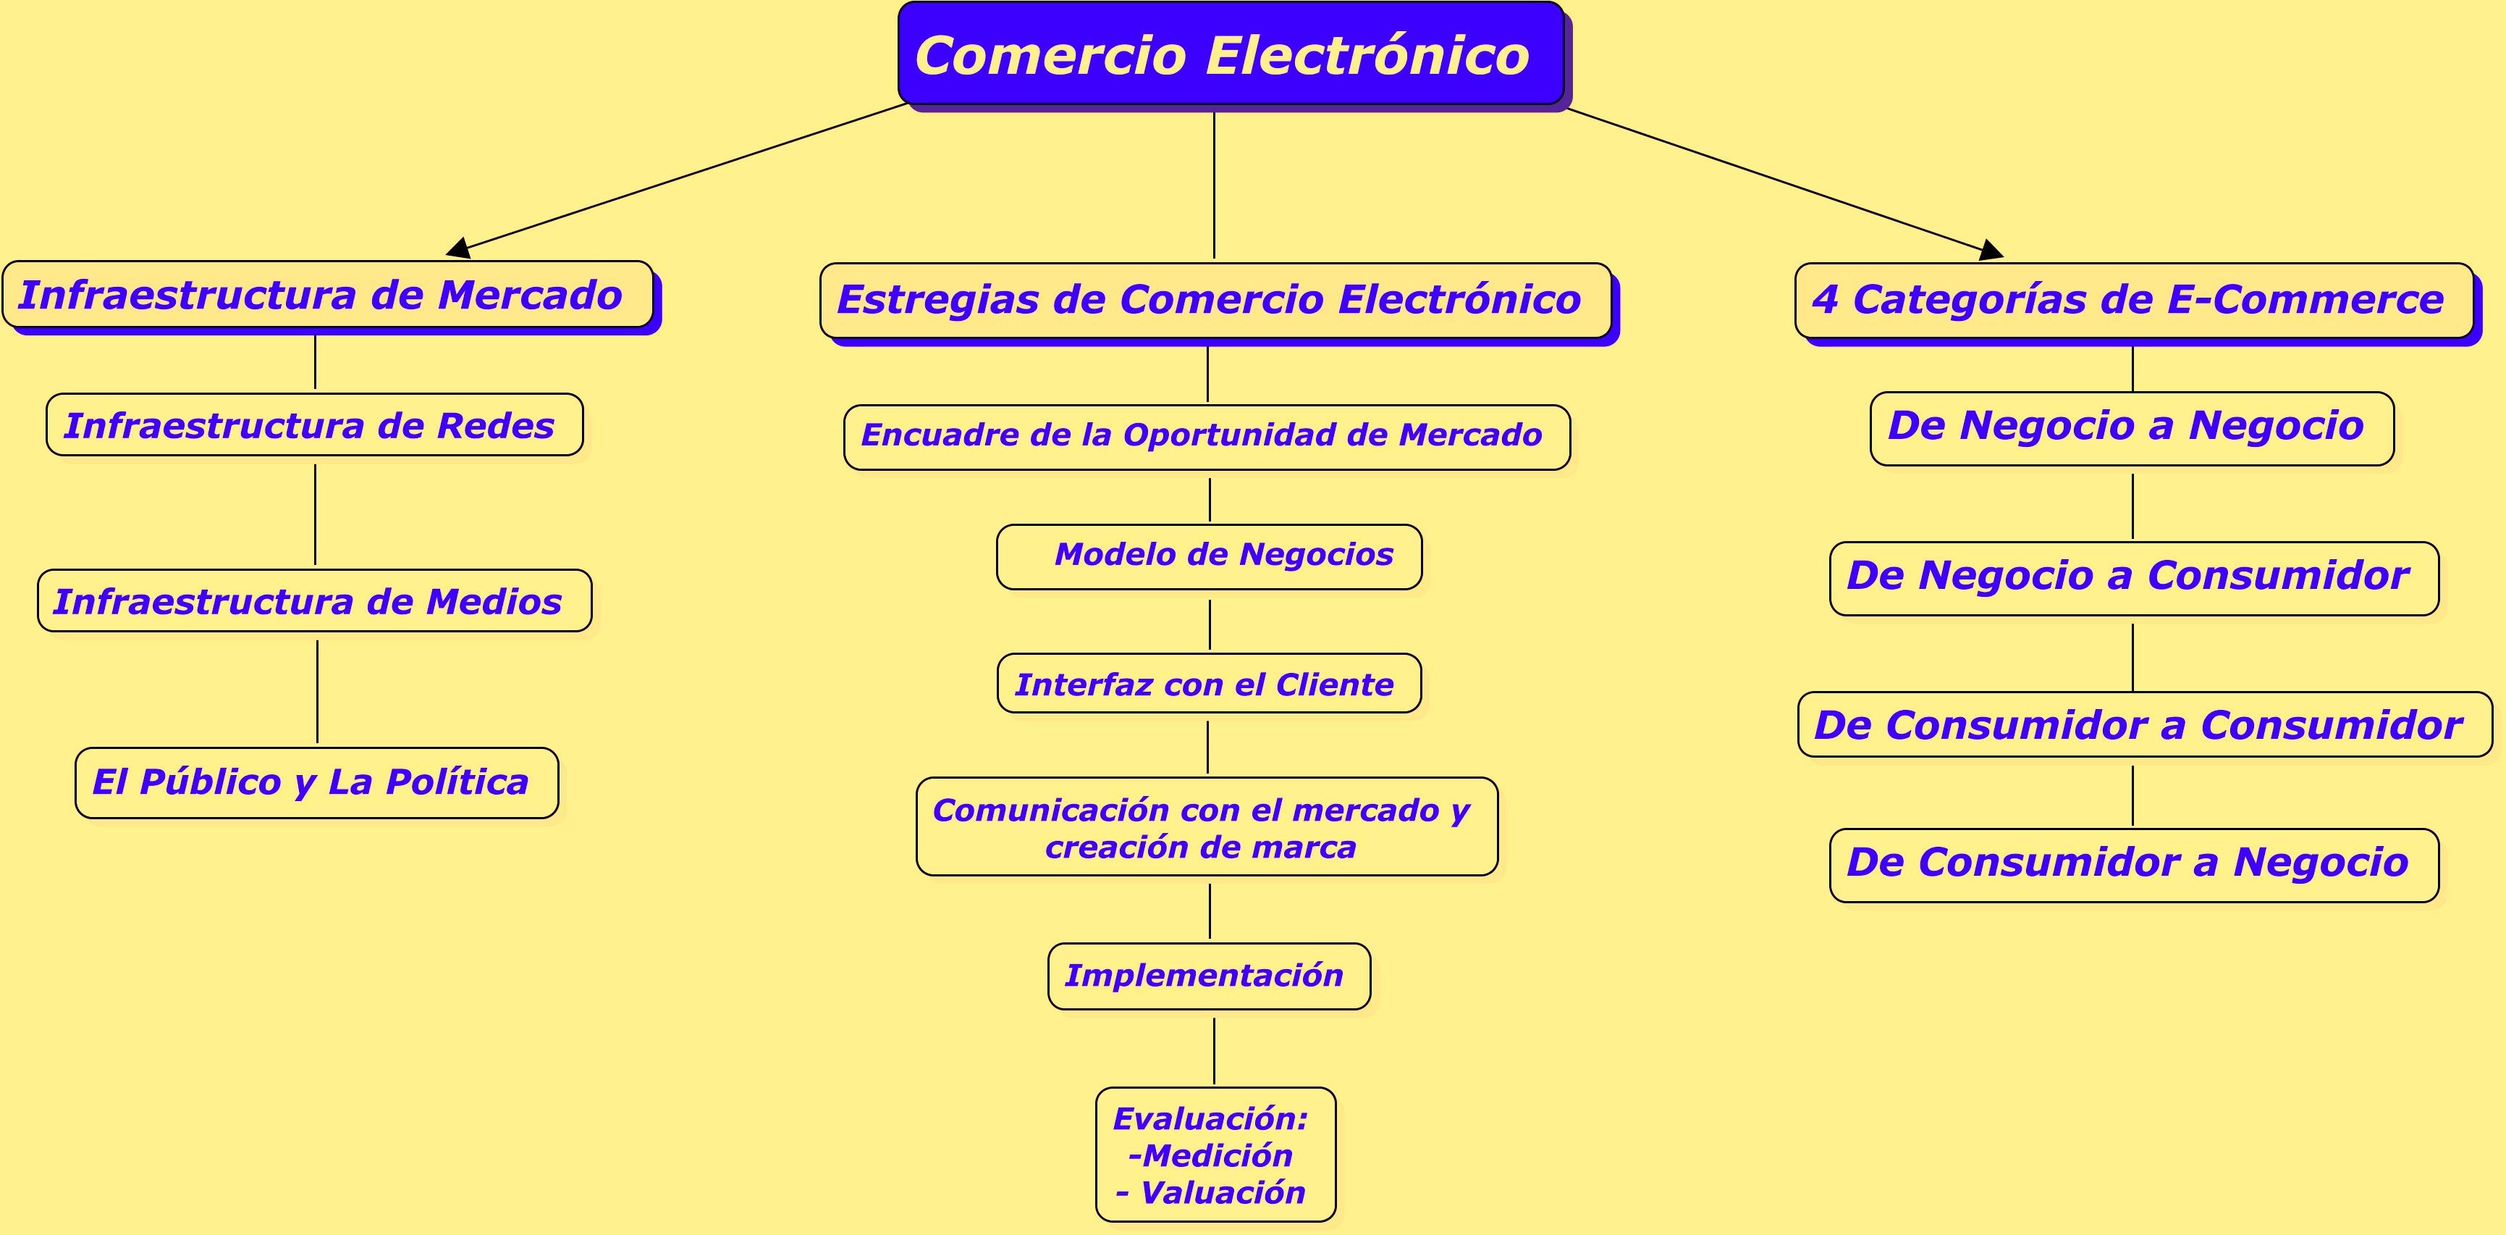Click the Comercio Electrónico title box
click(1230, 54)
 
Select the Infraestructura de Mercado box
click(328, 295)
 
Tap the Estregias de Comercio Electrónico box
click(1215, 300)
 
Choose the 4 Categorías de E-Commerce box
click(2133, 300)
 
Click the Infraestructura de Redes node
click(314, 425)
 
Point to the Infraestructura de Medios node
click(314, 601)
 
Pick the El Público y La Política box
click(316, 782)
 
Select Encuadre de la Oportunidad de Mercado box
click(1206, 436)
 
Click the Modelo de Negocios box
click(1210, 556)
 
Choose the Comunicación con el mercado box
click(1206, 826)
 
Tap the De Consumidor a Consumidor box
click(2144, 725)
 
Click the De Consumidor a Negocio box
click(2133, 864)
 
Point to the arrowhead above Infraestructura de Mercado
click(458, 249)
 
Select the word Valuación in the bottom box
click(1222, 1193)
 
